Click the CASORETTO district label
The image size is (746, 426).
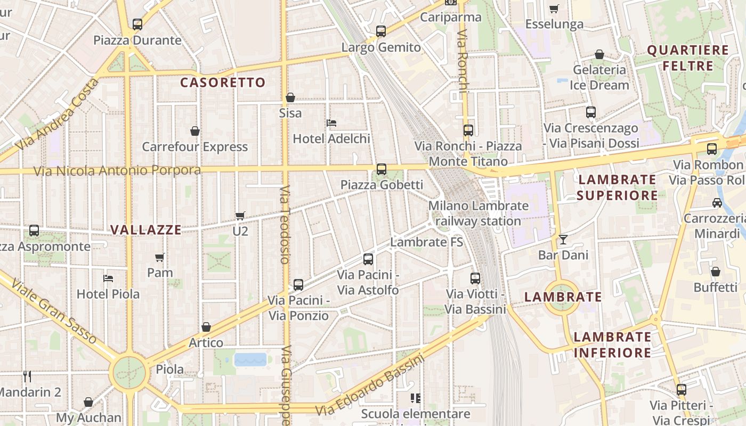[x=222, y=83]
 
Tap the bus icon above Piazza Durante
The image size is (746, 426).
[x=137, y=24]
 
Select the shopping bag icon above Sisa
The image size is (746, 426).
[x=290, y=97]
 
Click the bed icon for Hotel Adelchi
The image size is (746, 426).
[x=331, y=123]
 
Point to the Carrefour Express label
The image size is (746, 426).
[x=194, y=147]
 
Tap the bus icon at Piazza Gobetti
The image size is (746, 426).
[x=382, y=169]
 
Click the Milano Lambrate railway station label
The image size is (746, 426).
[x=478, y=213]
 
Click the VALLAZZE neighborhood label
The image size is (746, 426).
[x=145, y=230]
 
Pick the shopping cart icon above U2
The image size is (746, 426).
[x=240, y=216]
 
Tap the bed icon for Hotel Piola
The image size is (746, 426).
[x=108, y=278]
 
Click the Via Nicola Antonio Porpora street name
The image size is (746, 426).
[x=117, y=171]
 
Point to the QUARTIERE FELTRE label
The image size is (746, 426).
[x=687, y=58]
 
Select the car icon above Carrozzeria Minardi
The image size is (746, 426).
[x=717, y=203]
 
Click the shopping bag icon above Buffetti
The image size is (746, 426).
[x=716, y=272]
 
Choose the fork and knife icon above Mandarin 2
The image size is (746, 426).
[x=27, y=376]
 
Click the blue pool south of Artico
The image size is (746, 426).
[x=250, y=359]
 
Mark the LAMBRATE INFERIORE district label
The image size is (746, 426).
[x=612, y=345]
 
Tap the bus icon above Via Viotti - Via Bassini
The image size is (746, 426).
[x=475, y=278]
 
